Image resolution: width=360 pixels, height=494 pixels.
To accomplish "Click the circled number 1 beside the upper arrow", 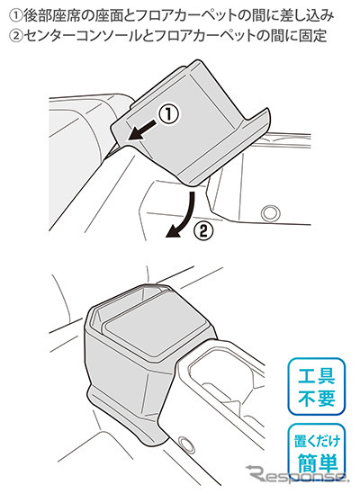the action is (x=168, y=113).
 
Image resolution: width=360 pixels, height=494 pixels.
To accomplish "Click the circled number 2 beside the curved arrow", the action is (x=203, y=232).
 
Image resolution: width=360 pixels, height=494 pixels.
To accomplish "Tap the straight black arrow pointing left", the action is (x=142, y=130).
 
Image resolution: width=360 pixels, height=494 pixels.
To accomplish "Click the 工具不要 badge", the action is (x=316, y=387).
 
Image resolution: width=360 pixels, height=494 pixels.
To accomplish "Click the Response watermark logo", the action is (x=297, y=473).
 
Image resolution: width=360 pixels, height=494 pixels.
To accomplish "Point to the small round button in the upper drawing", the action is (x=271, y=213).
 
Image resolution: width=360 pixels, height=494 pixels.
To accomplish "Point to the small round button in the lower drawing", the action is (x=186, y=444).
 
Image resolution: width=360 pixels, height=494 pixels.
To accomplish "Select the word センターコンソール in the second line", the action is (x=81, y=36).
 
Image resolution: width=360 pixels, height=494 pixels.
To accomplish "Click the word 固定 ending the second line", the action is (x=314, y=36).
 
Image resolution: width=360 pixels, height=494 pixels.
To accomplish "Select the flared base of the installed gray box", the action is (x=126, y=416).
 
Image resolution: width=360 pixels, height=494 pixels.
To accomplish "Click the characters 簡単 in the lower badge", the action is (x=316, y=463).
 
